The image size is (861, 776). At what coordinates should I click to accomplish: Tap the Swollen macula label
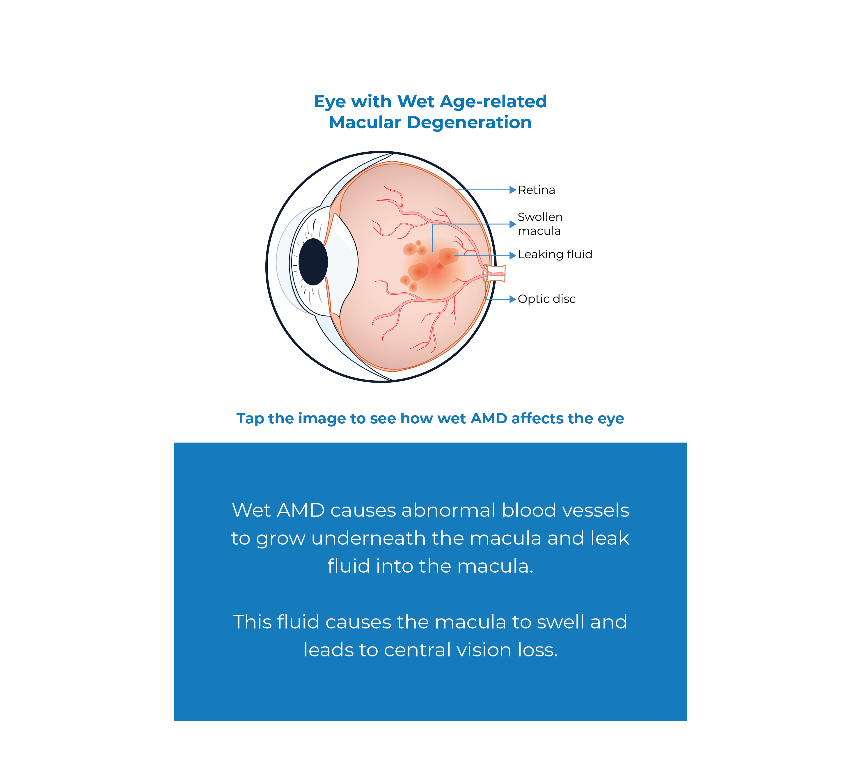(539, 224)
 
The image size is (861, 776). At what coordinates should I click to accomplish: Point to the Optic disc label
(546, 299)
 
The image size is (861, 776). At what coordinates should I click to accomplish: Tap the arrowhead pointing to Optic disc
(513, 299)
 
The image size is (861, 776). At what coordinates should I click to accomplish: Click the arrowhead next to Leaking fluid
(513, 255)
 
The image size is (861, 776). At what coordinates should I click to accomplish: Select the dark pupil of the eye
(313, 262)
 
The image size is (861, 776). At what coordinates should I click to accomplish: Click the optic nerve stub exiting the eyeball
(496, 274)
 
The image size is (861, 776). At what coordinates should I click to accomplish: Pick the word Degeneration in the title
(469, 123)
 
